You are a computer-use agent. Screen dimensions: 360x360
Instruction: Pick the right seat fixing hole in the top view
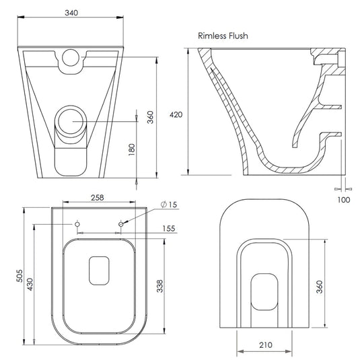(x=121, y=223)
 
